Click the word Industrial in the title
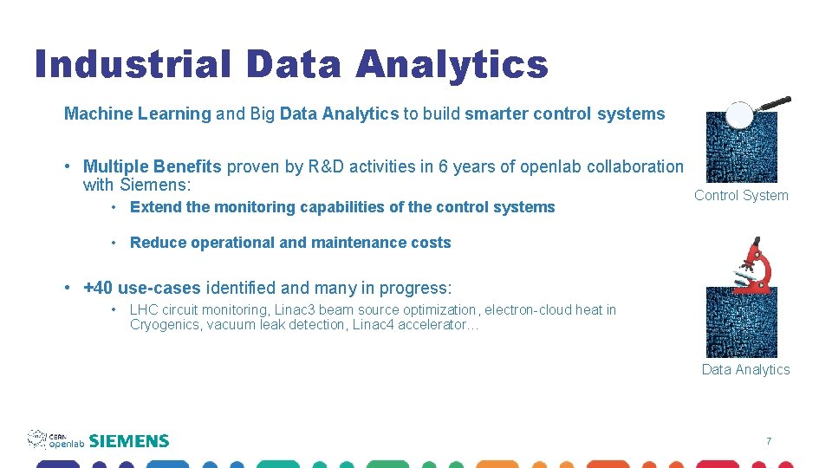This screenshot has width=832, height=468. [x=133, y=64]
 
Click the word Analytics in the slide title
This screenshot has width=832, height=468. [x=452, y=64]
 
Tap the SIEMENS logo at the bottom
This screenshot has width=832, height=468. [x=129, y=441]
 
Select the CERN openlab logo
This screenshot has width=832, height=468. [x=55, y=439]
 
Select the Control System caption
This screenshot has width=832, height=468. [x=741, y=196]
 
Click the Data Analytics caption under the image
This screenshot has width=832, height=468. [x=745, y=370]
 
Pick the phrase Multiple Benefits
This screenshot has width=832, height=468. [x=153, y=167]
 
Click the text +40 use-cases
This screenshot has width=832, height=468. [x=141, y=288]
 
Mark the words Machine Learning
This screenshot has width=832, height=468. [x=137, y=114]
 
